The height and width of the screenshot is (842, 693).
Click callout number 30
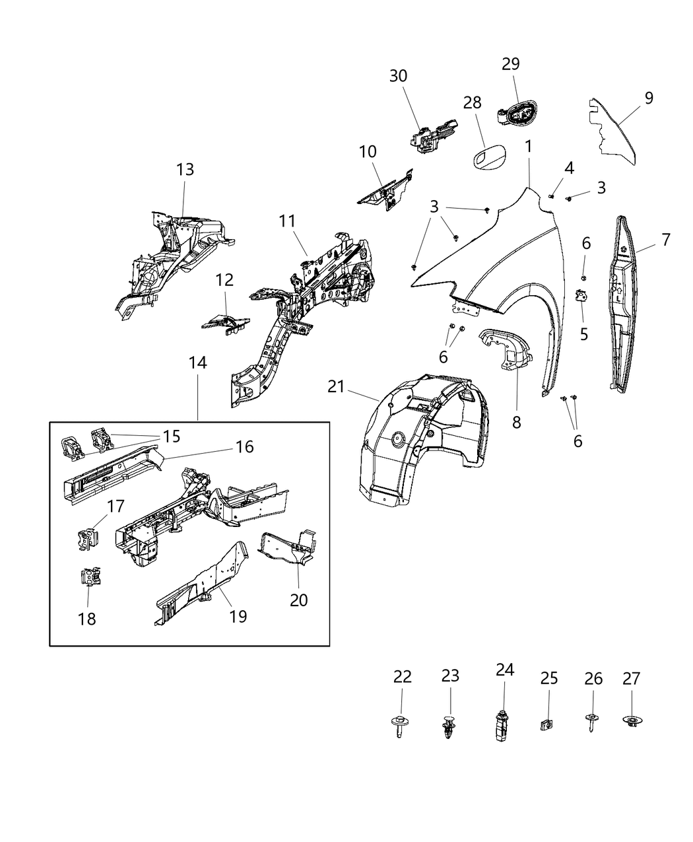pyautogui.click(x=398, y=76)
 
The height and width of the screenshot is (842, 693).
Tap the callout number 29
pyautogui.click(x=510, y=64)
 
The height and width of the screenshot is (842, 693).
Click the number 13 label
pyautogui.click(x=185, y=169)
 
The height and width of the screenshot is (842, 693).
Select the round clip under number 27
pyautogui.click(x=632, y=721)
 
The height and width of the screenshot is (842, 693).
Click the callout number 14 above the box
pyautogui.click(x=197, y=363)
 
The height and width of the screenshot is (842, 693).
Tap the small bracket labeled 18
pyautogui.click(x=90, y=577)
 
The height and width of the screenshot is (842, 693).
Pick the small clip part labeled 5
pyautogui.click(x=581, y=296)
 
